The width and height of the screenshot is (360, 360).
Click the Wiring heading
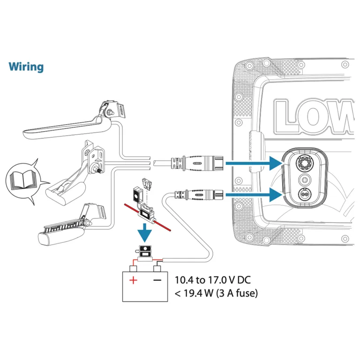point(26,67)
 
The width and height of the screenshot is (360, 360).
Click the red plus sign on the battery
point(133,280)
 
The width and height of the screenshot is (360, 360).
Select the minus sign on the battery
point(157,280)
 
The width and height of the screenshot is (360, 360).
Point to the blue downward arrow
point(144,233)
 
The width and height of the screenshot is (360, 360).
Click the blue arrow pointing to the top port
point(254,163)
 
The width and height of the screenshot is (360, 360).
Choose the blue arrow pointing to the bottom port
point(254,195)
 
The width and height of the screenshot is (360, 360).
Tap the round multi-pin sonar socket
point(305,163)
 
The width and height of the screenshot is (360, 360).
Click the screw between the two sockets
point(305,180)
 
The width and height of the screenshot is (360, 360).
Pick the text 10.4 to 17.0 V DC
point(213,280)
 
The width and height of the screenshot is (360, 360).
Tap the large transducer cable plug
point(197,163)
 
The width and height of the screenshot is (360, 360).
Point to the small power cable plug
point(199,195)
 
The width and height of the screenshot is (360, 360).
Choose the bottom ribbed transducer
point(72,225)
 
